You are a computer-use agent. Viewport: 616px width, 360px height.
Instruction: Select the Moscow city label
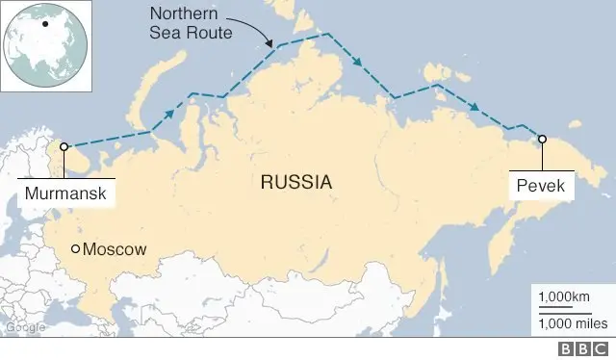(115, 250)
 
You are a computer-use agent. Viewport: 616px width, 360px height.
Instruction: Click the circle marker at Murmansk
(64, 147)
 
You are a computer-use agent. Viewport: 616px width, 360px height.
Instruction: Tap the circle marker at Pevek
(542, 139)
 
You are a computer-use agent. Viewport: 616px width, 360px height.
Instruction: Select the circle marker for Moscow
(76, 250)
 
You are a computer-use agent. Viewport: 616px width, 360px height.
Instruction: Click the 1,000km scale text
(564, 296)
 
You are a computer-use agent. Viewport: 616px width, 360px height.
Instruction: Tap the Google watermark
(25, 328)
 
